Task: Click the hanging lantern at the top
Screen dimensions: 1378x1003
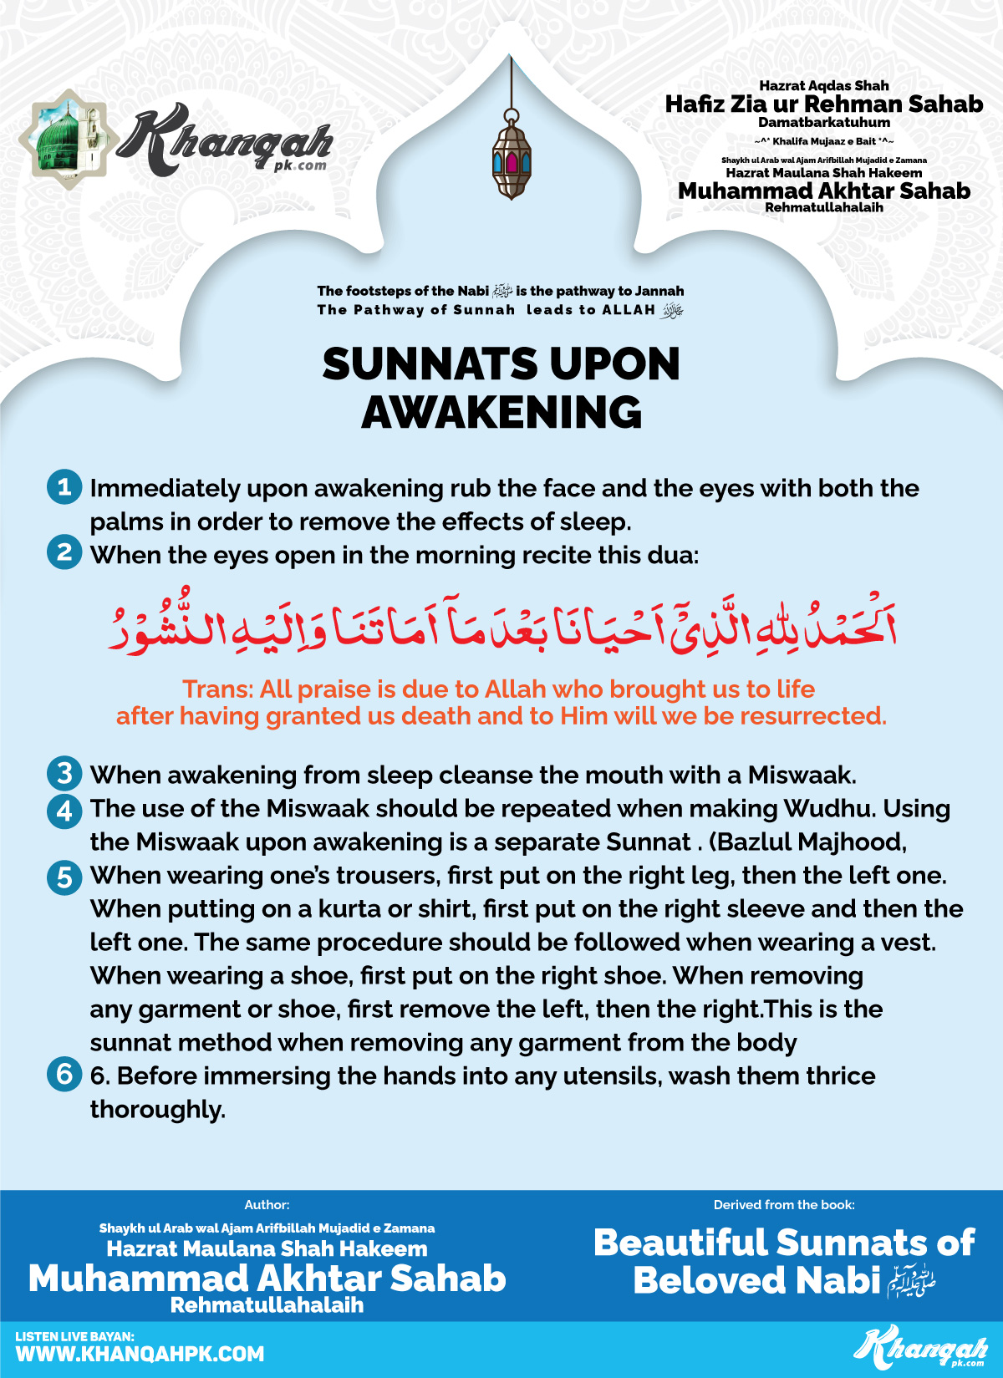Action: tap(511, 159)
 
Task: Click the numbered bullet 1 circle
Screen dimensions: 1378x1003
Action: tap(64, 487)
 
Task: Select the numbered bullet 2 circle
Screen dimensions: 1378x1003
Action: tap(64, 552)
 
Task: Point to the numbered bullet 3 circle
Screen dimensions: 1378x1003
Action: tap(64, 774)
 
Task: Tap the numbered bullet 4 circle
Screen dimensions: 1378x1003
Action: tap(64, 810)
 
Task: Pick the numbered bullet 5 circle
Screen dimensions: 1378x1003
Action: tap(64, 877)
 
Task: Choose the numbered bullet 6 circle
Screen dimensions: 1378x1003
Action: tap(64, 1075)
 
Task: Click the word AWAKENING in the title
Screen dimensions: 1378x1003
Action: tap(501, 413)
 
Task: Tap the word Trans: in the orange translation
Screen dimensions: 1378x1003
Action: tap(217, 689)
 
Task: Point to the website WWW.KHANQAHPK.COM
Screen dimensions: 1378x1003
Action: tap(140, 1354)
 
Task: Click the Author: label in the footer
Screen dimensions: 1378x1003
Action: tap(267, 1205)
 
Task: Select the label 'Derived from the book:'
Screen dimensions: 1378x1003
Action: tap(784, 1205)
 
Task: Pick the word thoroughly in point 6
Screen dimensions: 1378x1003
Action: tap(157, 1110)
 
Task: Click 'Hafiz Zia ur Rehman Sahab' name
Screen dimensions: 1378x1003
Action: tap(824, 104)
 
